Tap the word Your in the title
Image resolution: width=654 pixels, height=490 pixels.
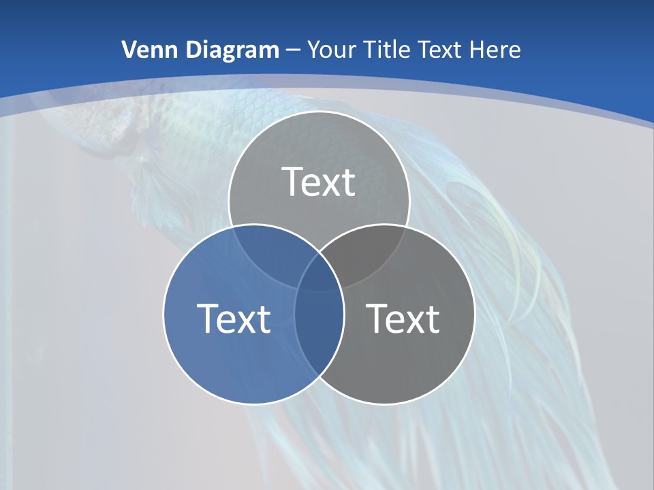pyautogui.click(x=330, y=50)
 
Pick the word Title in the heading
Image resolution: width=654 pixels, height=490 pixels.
pyautogui.click(x=385, y=50)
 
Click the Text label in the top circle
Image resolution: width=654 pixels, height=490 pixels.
pyautogui.click(x=319, y=182)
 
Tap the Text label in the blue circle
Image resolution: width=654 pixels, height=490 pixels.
pyautogui.click(x=234, y=318)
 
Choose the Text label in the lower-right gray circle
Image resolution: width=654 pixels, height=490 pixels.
pyautogui.click(x=403, y=318)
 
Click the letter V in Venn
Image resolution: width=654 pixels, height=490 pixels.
pyautogui.click(x=128, y=50)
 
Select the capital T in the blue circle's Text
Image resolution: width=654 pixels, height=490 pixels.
pyautogui.click(x=207, y=318)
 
